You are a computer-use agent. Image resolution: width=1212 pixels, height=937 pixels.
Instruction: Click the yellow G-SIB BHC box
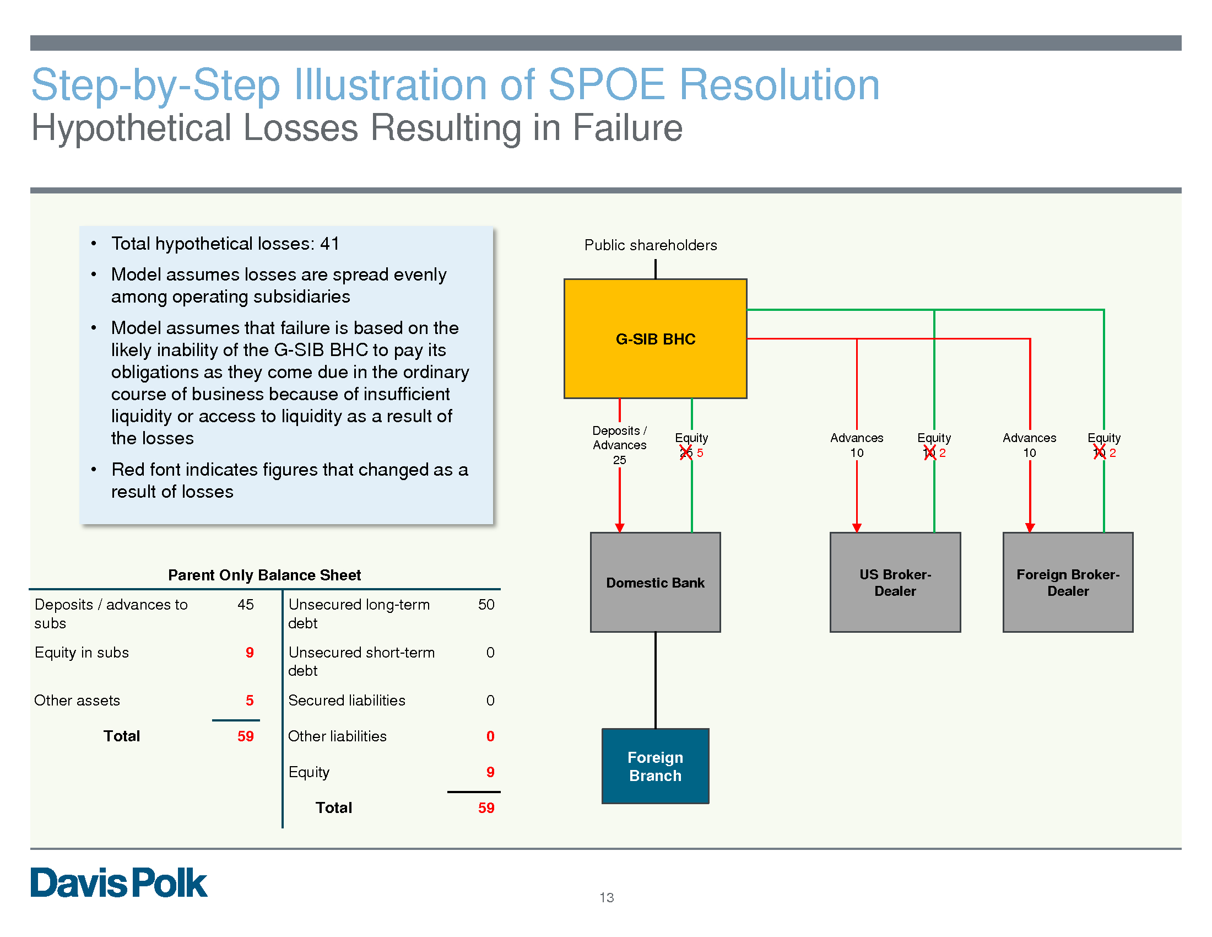point(655,338)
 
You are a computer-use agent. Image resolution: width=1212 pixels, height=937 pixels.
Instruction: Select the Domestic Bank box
point(655,581)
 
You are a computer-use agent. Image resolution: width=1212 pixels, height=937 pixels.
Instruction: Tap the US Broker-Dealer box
point(895,581)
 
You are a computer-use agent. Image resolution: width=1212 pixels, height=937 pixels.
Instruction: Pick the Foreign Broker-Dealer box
point(1067,581)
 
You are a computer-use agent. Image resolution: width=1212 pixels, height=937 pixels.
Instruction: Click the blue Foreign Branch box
point(655,766)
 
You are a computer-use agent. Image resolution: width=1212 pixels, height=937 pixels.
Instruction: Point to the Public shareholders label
point(651,245)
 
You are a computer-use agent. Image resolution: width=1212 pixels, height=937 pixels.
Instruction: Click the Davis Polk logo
point(119,882)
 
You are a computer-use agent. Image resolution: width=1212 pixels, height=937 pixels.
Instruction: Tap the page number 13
point(607,897)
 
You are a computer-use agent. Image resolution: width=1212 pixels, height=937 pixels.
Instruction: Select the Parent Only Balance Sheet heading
point(264,575)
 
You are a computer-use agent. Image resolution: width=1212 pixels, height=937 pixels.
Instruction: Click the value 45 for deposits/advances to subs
point(245,605)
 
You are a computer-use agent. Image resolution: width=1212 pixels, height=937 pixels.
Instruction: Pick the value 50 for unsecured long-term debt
point(486,605)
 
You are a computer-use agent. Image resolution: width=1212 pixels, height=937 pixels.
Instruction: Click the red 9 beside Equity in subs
point(250,653)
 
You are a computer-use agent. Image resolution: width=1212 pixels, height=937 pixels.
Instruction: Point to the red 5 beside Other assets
point(250,701)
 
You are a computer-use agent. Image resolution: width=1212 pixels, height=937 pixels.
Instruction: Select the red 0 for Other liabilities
point(490,736)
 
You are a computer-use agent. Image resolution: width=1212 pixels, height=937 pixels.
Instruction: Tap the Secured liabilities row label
point(347,701)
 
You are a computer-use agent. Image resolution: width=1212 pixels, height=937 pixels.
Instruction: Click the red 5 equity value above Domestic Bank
point(700,453)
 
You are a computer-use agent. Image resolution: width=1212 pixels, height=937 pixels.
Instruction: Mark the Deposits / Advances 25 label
point(619,445)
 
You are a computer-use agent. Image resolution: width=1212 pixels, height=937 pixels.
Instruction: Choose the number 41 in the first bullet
point(329,244)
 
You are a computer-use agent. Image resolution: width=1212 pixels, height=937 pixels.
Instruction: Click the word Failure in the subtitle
point(627,128)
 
